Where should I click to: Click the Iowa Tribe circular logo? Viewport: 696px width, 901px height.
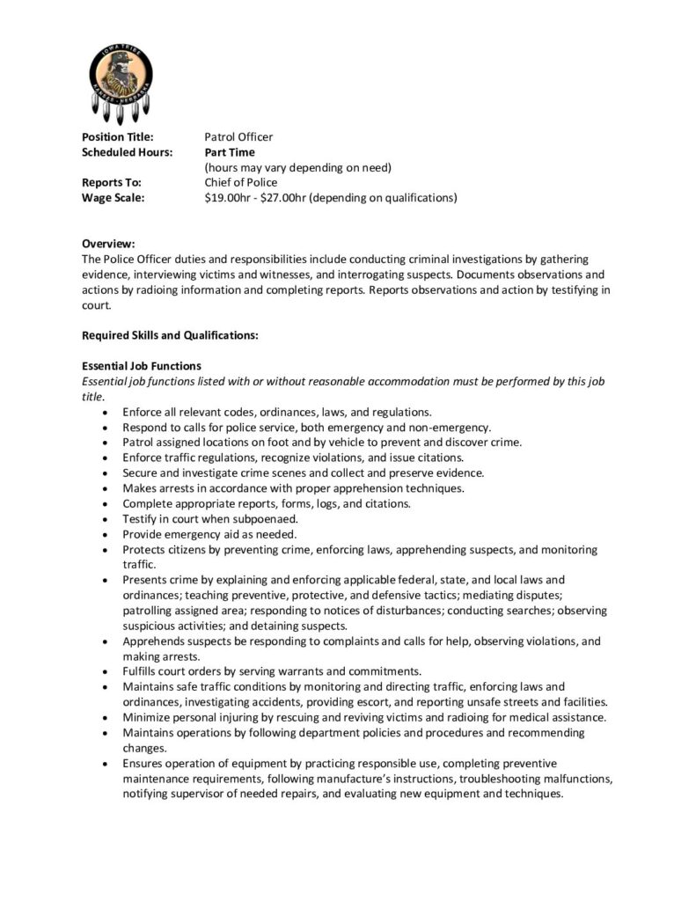pyautogui.click(x=121, y=77)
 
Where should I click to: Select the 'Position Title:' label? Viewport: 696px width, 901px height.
pyautogui.click(x=117, y=136)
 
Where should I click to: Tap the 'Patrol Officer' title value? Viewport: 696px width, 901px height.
pyautogui.click(x=238, y=136)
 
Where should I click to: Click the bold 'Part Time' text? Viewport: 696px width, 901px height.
pyautogui.click(x=230, y=152)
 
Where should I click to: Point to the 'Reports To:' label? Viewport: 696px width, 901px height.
pyautogui.click(x=111, y=182)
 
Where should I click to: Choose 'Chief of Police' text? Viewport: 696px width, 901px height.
pyautogui.click(x=240, y=182)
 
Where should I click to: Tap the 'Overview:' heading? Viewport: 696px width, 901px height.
pyautogui.click(x=108, y=244)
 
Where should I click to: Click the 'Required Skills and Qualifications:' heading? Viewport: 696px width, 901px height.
pyautogui.click(x=170, y=335)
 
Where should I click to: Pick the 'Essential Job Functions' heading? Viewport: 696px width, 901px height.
pyautogui.click(x=142, y=366)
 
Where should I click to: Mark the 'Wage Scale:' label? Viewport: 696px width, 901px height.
pyautogui.click(x=113, y=198)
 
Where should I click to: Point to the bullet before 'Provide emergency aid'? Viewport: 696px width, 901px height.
pyautogui.click(x=106, y=534)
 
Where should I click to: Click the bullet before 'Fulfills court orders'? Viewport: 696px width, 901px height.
pyautogui.click(x=106, y=671)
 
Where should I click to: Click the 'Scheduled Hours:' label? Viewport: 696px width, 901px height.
pyautogui.click(x=127, y=152)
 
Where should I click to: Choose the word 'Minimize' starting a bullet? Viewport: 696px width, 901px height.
pyautogui.click(x=147, y=717)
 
